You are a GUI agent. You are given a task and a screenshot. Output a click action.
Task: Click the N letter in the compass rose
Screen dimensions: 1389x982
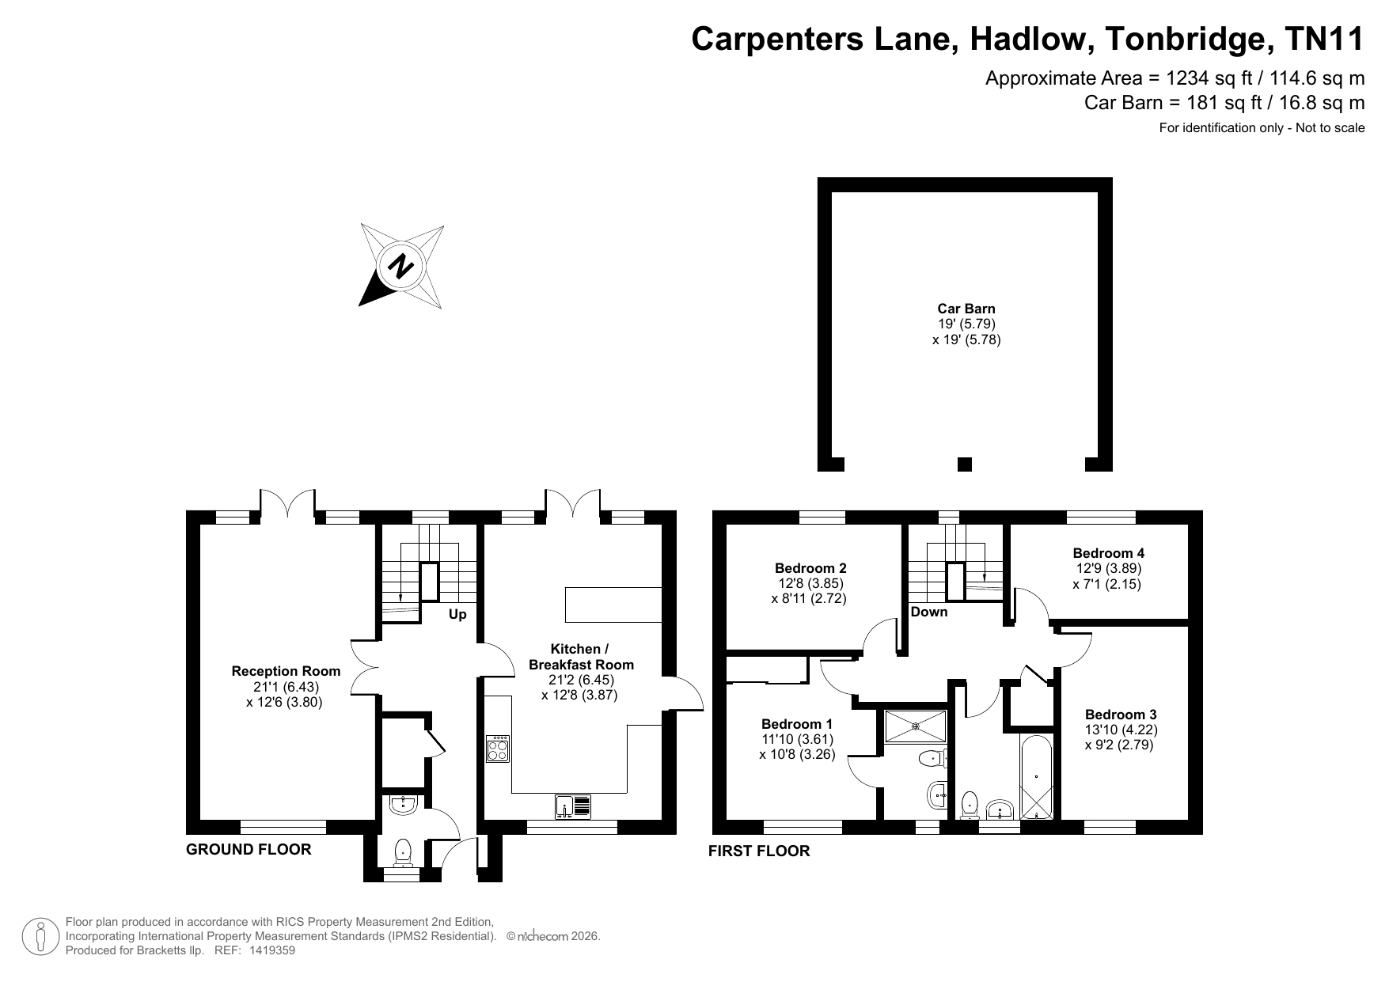[402, 266]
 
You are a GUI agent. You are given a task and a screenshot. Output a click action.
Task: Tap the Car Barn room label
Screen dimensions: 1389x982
[966, 309]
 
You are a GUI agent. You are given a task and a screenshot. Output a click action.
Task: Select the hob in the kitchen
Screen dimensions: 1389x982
[499, 749]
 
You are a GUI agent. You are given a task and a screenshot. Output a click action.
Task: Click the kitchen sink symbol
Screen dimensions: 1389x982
[573, 806]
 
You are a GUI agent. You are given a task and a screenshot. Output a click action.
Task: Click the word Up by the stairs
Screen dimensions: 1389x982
[458, 614]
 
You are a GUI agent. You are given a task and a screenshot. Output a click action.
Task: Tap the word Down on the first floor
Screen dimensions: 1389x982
[929, 612]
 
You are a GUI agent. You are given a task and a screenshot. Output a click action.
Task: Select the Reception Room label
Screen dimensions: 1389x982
[286, 671]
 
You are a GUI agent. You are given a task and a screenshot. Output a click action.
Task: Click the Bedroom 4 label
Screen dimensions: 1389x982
[1108, 553]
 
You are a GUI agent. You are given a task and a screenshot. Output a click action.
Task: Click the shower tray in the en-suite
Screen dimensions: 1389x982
[916, 726]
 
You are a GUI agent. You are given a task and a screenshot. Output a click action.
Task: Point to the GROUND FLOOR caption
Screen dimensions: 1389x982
[249, 850]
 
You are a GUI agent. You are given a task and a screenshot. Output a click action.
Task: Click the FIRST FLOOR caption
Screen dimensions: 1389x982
[759, 851]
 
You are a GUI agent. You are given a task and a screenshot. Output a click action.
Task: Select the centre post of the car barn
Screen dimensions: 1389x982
[964, 464]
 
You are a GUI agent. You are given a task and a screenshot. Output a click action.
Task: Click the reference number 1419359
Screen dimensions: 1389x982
[271, 951]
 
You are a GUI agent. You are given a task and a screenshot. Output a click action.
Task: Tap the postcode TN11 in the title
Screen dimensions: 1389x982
[1325, 38]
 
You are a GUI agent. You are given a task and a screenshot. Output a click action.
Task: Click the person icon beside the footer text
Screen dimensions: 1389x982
[40, 937]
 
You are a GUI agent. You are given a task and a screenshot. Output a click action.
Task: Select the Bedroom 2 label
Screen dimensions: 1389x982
[810, 567]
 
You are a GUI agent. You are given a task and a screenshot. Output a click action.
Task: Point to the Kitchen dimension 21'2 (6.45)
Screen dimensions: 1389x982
[581, 680]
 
